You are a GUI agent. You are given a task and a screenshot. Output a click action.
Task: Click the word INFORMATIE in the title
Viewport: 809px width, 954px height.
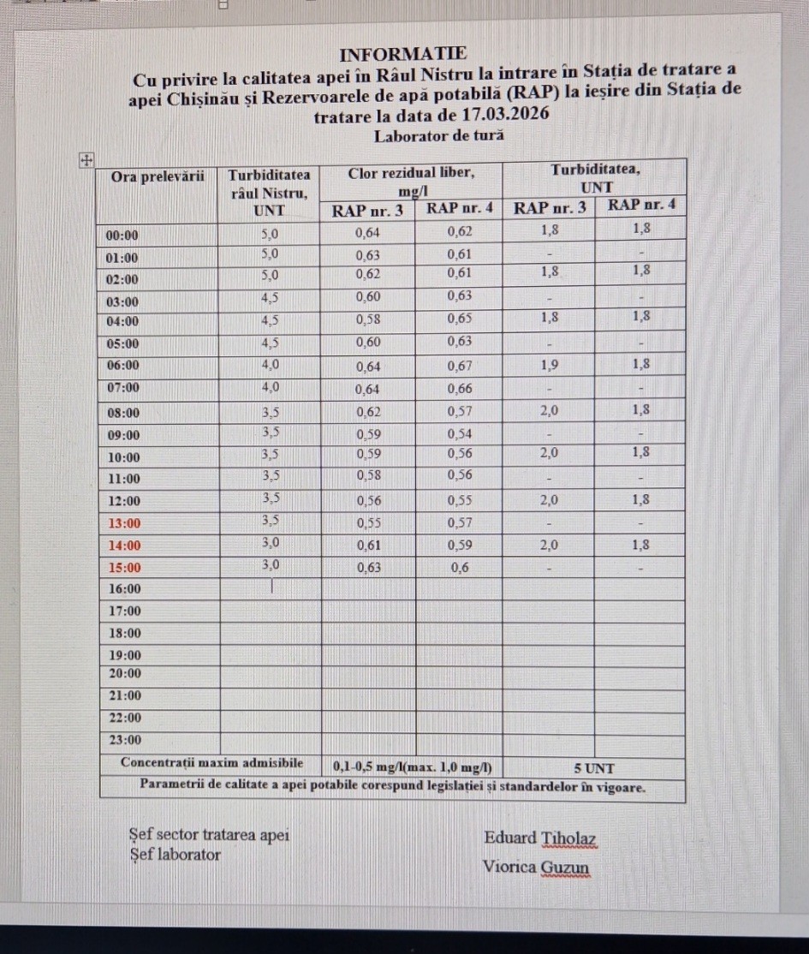(403, 53)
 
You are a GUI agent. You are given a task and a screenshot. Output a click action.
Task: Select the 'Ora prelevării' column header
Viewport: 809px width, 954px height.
(158, 176)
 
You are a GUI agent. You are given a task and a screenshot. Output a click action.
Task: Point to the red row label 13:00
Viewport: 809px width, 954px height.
(122, 522)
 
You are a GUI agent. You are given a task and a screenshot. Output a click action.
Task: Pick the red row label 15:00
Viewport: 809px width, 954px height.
(122, 567)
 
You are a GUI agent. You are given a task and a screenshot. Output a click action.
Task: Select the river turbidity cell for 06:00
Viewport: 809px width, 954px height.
(270, 364)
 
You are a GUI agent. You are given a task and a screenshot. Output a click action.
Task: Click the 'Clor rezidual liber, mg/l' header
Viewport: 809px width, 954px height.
(411, 181)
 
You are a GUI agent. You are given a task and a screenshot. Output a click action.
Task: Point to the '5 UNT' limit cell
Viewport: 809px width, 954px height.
(593, 768)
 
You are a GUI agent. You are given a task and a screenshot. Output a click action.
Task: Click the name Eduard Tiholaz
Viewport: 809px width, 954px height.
(539, 838)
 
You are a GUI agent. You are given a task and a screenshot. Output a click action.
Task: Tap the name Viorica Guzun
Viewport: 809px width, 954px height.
(536, 867)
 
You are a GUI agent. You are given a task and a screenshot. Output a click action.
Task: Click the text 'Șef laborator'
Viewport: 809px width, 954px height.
(175, 855)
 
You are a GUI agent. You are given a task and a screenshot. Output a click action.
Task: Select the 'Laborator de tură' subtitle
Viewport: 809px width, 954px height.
(439, 134)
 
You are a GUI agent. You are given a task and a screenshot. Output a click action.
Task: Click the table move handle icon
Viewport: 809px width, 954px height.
(86, 159)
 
